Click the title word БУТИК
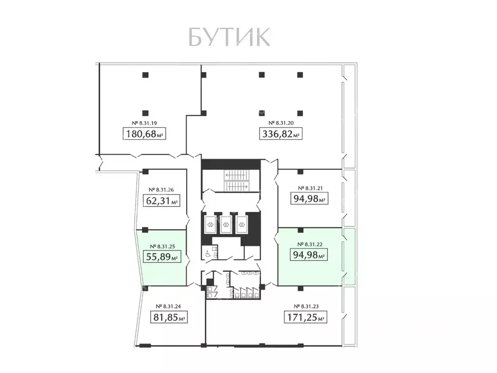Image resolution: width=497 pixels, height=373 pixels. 229,37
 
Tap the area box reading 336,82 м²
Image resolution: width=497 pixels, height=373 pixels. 280,133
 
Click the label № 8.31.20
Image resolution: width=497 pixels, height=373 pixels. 280,123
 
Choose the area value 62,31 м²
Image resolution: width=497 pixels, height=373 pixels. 162,200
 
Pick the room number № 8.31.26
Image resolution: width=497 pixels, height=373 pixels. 161,190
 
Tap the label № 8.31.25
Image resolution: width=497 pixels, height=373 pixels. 161,246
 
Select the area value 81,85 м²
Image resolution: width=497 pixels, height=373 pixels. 168,318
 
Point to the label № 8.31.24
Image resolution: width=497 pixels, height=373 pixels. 168,306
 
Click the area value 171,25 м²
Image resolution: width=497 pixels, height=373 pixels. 305,318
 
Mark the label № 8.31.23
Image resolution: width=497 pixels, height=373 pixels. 305,306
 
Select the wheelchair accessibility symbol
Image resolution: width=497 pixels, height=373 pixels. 207,253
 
